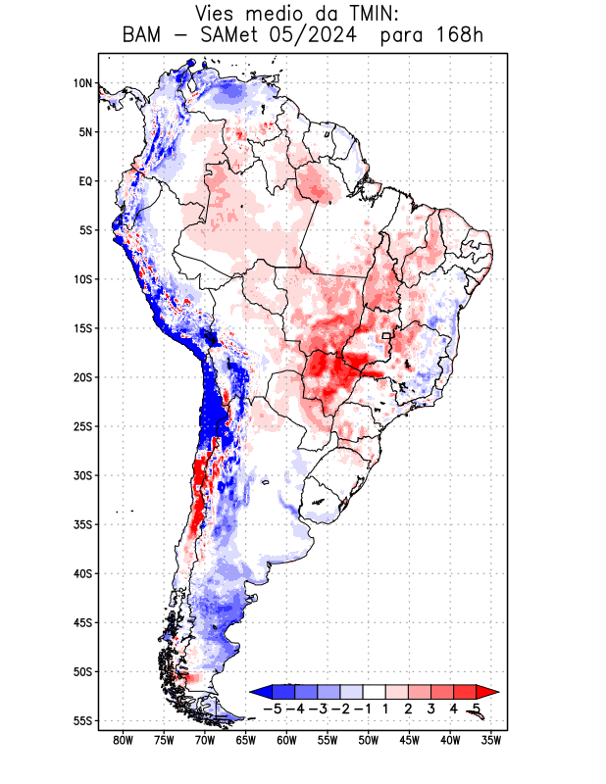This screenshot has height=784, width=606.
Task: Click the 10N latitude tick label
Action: pyautogui.click(x=82, y=83)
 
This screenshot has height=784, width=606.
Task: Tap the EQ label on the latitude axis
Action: pyautogui.click(x=84, y=181)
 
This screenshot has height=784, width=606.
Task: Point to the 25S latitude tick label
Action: pyautogui.click(x=82, y=426)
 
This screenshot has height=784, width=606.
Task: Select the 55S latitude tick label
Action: pyautogui.click(x=82, y=720)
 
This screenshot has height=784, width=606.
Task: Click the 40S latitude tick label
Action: pyautogui.click(x=82, y=573)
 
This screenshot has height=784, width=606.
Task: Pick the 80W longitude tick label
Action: pyautogui.click(x=123, y=740)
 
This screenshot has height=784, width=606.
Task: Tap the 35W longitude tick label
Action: pyautogui.click(x=491, y=740)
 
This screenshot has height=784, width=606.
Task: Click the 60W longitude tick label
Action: pyautogui.click(x=286, y=740)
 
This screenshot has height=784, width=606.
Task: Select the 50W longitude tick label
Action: pyautogui.click(x=369, y=740)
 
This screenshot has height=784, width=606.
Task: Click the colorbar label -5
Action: pyautogui.click(x=274, y=708)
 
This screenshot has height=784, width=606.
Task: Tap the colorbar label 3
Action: pyautogui.click(x=431, y=708)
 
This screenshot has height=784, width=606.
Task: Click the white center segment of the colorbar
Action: pyautogui.click(x=375, y=691)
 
